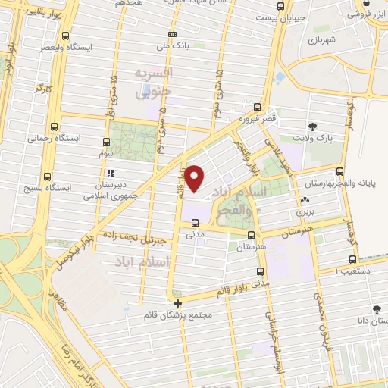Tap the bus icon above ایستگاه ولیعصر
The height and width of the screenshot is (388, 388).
tap(67, 36)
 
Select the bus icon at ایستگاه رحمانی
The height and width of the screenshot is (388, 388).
tap(53, 127)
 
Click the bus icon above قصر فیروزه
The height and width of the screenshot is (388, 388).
tap(258, 107)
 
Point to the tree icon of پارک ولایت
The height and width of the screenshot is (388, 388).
tap(312, 126)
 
